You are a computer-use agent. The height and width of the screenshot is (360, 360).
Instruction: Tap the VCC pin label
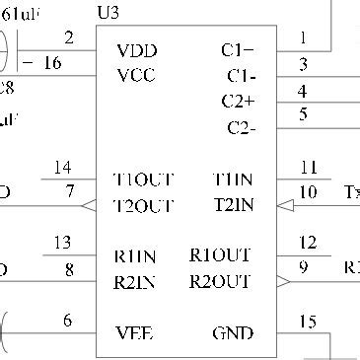tap(136, 75)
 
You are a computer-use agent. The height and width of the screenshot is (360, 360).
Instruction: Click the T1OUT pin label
tap(144, 180)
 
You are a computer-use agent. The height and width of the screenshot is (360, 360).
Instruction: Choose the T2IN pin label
tap(235, 205)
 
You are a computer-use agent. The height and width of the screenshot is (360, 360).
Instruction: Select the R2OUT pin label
tap(221, 281)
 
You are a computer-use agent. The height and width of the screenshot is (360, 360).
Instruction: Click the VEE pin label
tap(136, 332)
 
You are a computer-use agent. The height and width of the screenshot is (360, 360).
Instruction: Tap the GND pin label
tap(233, 332)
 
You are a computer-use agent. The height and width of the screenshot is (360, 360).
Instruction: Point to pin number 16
tap(53, 62)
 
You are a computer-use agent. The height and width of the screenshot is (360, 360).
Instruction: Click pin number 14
tap(63, 166)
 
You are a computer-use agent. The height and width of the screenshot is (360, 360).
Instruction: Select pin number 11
tap(308, 166)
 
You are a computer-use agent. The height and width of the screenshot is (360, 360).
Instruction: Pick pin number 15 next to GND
tap(308, 322)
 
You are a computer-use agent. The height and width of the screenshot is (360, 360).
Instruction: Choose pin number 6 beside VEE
tap(67, 321)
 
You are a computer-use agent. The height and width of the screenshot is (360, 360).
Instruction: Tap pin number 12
tap(308, 243)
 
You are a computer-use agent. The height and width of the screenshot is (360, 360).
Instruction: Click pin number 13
tap(63, 243)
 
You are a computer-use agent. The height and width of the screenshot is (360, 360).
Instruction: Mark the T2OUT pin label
tap(144, 205)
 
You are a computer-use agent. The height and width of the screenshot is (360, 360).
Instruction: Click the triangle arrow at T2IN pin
tap(284, 206)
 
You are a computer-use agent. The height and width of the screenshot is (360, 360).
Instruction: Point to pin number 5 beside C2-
tap(303, 114)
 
